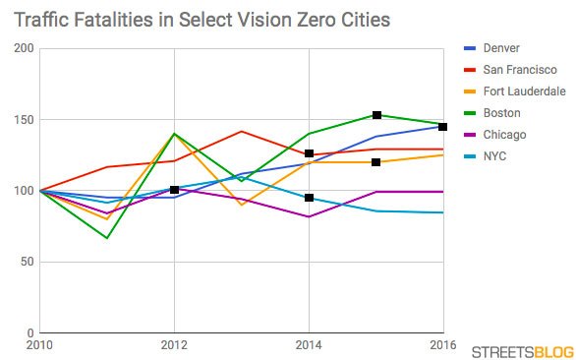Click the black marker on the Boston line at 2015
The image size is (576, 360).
coord(376,115)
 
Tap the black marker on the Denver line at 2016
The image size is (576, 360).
coord(443,126)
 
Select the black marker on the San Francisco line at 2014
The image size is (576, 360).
coord(309,153)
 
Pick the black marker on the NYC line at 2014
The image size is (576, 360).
coord(309,198)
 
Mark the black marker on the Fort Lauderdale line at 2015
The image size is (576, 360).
coord(376,161)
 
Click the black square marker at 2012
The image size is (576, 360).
coord(174,189)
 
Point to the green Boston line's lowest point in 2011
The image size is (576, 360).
coord(107,238)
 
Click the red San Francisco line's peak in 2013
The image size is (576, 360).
coord(241,131)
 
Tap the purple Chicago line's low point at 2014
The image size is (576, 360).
coord(309,216)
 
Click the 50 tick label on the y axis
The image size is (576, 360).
coord(25,262)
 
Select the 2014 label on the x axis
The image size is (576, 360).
coord(309,345)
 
